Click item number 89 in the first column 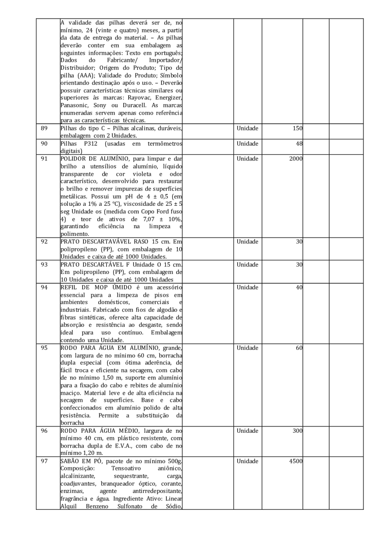[44, 128]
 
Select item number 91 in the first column [44, 159]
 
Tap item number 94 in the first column [44, 287]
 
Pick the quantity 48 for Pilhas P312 [298, 144]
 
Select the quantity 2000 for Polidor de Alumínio [295, 159]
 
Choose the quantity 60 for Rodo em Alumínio [298, 348]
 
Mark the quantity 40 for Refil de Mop [298, 287]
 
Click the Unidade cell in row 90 [247, 144]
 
